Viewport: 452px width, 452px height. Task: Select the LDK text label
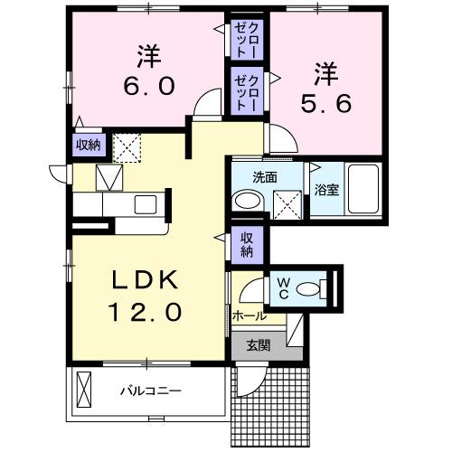(x=146, y=280)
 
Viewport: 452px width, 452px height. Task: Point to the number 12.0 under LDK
(x=146, y=313)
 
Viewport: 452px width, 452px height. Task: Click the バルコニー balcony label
(x=152, y=392)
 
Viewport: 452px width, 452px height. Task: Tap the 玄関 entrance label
(x=259, y=344)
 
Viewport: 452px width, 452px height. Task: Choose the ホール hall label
(x=249, y=316)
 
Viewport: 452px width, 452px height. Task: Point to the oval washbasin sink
(x=245, y=201)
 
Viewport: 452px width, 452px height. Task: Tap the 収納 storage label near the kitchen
(x=88, y=144)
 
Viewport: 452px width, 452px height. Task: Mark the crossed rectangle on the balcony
(x=85, y=391)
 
